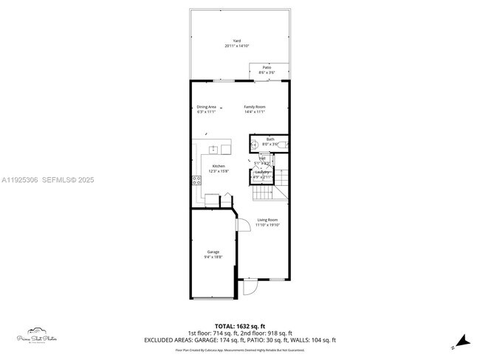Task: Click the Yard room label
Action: [x=237, y=41]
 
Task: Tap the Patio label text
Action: [x=267, y=67]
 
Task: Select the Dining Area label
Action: [x=206, y=107]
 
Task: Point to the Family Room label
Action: [x=255, y=107]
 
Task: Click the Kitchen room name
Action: [x=219, y=166]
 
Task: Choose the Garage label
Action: [x=213, y=252]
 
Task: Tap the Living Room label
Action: [x=267, y=220]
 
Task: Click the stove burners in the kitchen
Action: [x=196, y=180]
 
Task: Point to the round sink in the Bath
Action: [x=254, y=145]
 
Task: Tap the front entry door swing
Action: [x=250, y=287]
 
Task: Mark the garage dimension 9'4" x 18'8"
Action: [x=213, y=257]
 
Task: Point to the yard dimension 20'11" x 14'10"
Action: [x=237, y=46]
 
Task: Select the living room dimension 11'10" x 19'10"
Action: [x=267, y=225]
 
